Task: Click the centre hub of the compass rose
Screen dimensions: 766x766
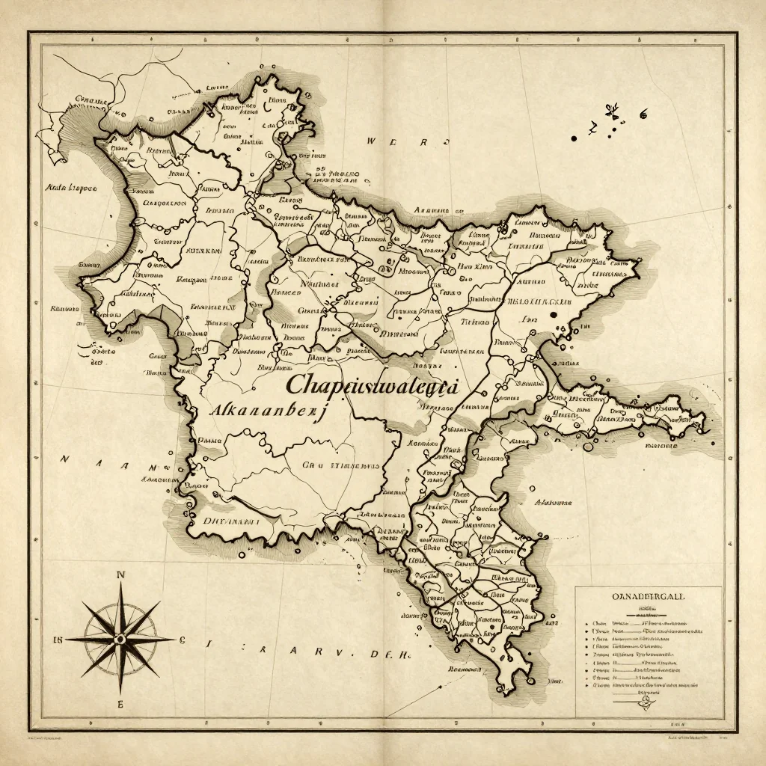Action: click(x=120, y=638)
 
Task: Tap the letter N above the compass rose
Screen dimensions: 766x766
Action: click(x=120, y=574)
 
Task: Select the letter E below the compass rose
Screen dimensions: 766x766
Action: click(x=120, y=705)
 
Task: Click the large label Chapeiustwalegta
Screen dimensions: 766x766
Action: click(x=372, y=385)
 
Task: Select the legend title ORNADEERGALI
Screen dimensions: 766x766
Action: click(x=648, y=598)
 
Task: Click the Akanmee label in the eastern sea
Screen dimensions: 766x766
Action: click(x=552, y=503)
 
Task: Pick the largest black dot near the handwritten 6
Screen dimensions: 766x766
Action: click(x=574, y=138)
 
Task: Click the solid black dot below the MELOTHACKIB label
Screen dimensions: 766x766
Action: click(x=552, y=315)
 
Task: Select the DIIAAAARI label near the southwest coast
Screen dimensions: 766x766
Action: click(x=229, y=520)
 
